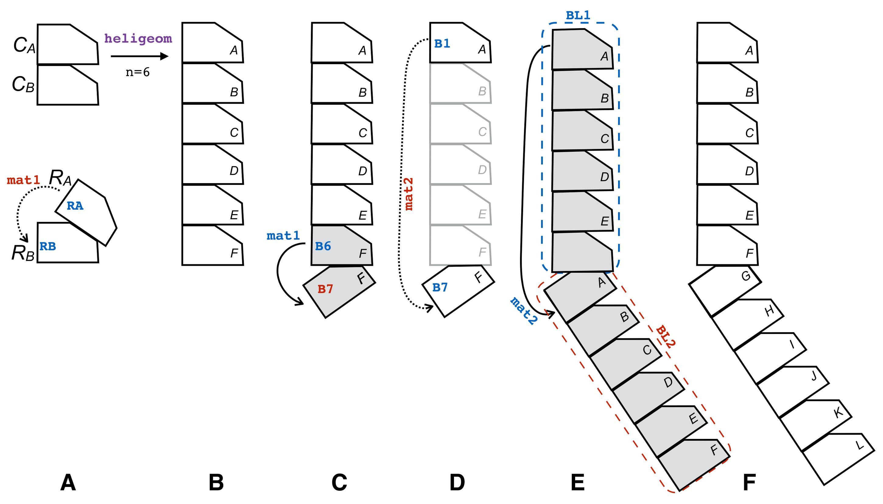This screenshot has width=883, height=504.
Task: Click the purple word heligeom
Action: [138, 38]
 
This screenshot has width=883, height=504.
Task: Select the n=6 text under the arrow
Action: [138, 72]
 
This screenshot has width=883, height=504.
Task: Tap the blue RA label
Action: [75, 206]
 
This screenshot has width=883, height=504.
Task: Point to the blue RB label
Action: [47, 246]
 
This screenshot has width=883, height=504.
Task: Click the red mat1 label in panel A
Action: [23, 180]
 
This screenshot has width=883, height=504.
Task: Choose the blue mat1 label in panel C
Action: [283, 236]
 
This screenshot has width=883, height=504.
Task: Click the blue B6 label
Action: [323, 246]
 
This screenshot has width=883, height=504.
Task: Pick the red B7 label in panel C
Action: [325, 289]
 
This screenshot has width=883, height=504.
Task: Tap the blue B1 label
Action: [442, 43]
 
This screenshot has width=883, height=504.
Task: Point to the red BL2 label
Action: [666, 336]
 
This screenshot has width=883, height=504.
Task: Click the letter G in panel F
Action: [745, 276]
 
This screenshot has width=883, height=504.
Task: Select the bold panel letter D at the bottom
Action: [457, 482]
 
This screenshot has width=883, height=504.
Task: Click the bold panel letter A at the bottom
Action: [68, 482]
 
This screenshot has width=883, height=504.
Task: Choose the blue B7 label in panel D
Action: [440, 287]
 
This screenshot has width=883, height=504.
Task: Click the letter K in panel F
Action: [838, 412]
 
